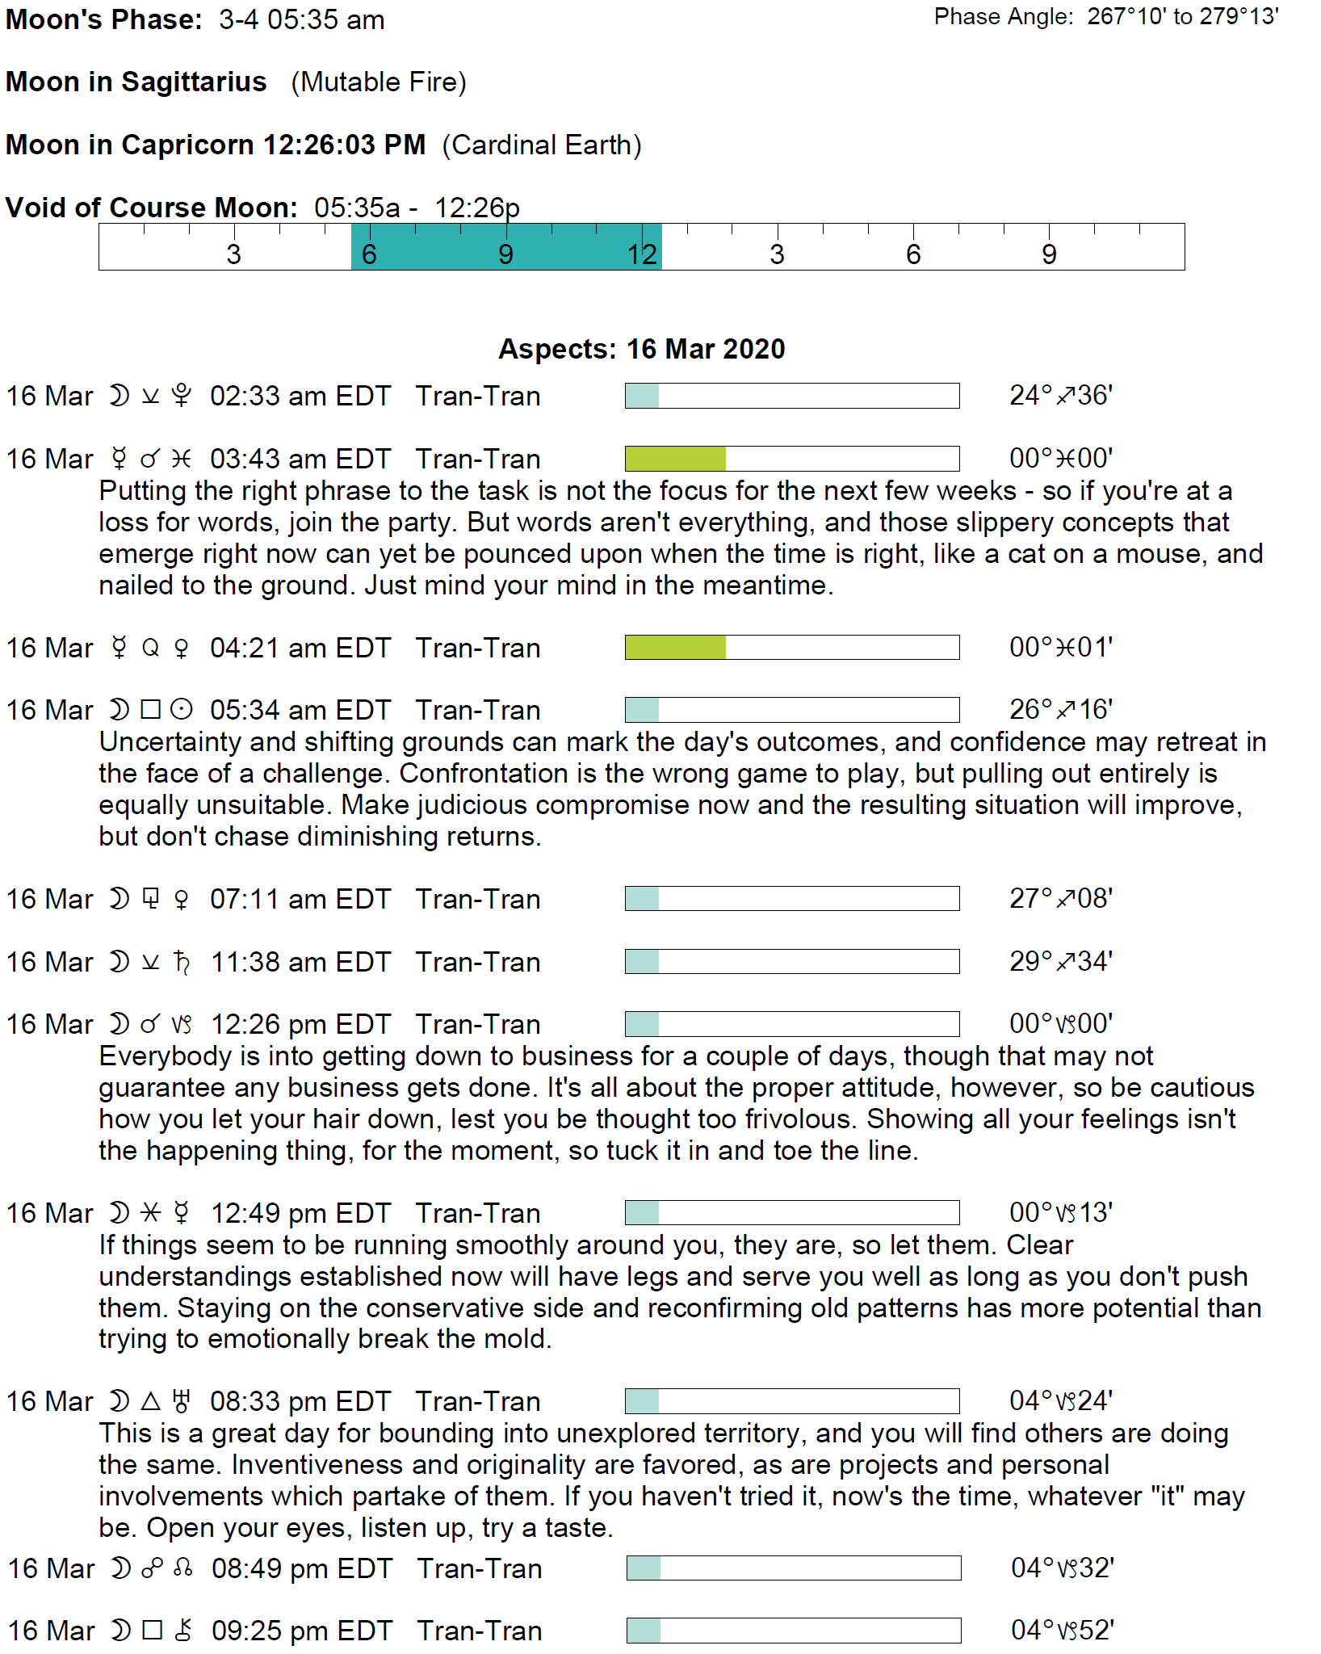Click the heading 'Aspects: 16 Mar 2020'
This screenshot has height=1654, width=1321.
(642, 349)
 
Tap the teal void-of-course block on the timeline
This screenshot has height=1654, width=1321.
(506, 247)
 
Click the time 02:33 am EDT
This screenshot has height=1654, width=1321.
(300, 397)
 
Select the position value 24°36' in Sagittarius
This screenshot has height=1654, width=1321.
(1061, 396)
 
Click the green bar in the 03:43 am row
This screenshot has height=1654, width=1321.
(675, 459)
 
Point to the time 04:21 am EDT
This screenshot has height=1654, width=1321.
(300, 648)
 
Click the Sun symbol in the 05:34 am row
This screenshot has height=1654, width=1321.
(182, 710)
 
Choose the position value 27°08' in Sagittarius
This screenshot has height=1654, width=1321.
(1061, 899)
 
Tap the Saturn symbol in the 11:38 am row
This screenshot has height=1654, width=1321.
(182, 962)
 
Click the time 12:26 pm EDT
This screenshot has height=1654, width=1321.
(300, 1024)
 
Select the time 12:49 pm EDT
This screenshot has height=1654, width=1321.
(300, 1213)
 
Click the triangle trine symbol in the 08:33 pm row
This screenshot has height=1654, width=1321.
(151, 1401)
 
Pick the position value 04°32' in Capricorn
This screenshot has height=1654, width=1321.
(1063, 1568)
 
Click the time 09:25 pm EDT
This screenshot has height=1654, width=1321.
(302, 1631)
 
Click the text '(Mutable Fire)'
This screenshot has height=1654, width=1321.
(379, 82)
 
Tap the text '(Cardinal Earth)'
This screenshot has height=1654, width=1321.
(542, 145)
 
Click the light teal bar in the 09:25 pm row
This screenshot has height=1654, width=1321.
(644, 1631)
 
